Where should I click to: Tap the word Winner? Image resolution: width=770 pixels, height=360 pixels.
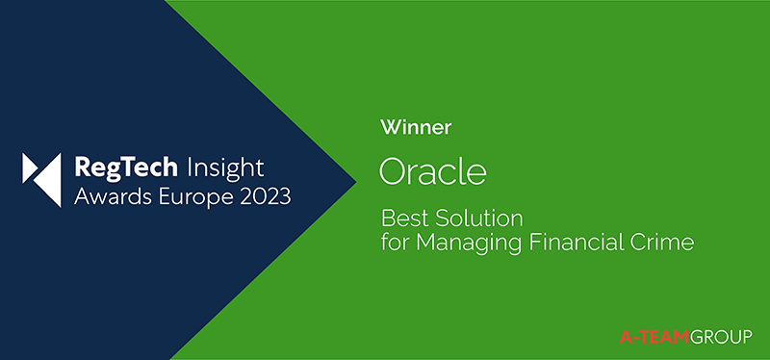[417, 127]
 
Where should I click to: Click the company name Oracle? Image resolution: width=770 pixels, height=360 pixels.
[433, 170]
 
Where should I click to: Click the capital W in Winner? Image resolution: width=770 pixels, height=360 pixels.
[390, 127]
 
